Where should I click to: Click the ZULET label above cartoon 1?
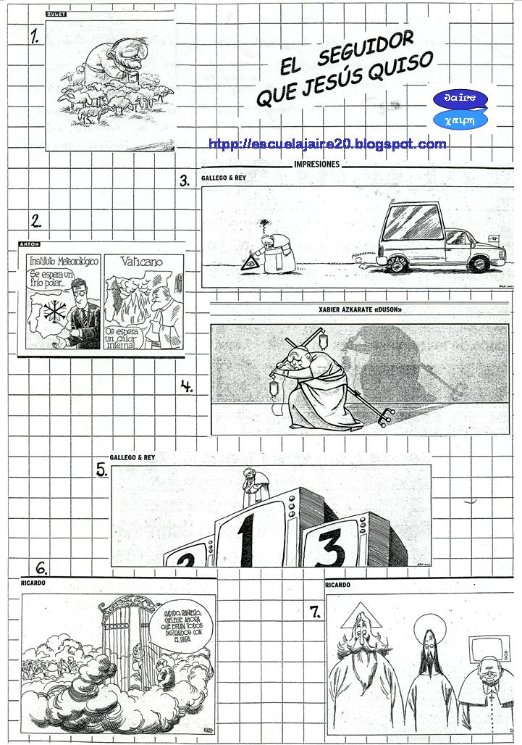pyautogui.click(x=56, y=14)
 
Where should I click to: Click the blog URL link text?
pyautogui.click(x=327, y=144)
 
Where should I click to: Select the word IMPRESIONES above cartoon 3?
pyautogui.click(x=317, y=165)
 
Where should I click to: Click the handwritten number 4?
pyautogui.click(x=187, y=386)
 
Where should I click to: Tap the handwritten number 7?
pyautogui.click(x=315, y=612)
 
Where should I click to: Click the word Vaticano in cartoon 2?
pyautogui.click(x=142, y=262)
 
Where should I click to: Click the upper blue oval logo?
pyautogui.click(x=460, y=99)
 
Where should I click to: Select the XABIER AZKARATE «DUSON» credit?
pyautogui.click(x=360, y=311)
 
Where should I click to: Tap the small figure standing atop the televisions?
pyautogui.click(x=251, y=488)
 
